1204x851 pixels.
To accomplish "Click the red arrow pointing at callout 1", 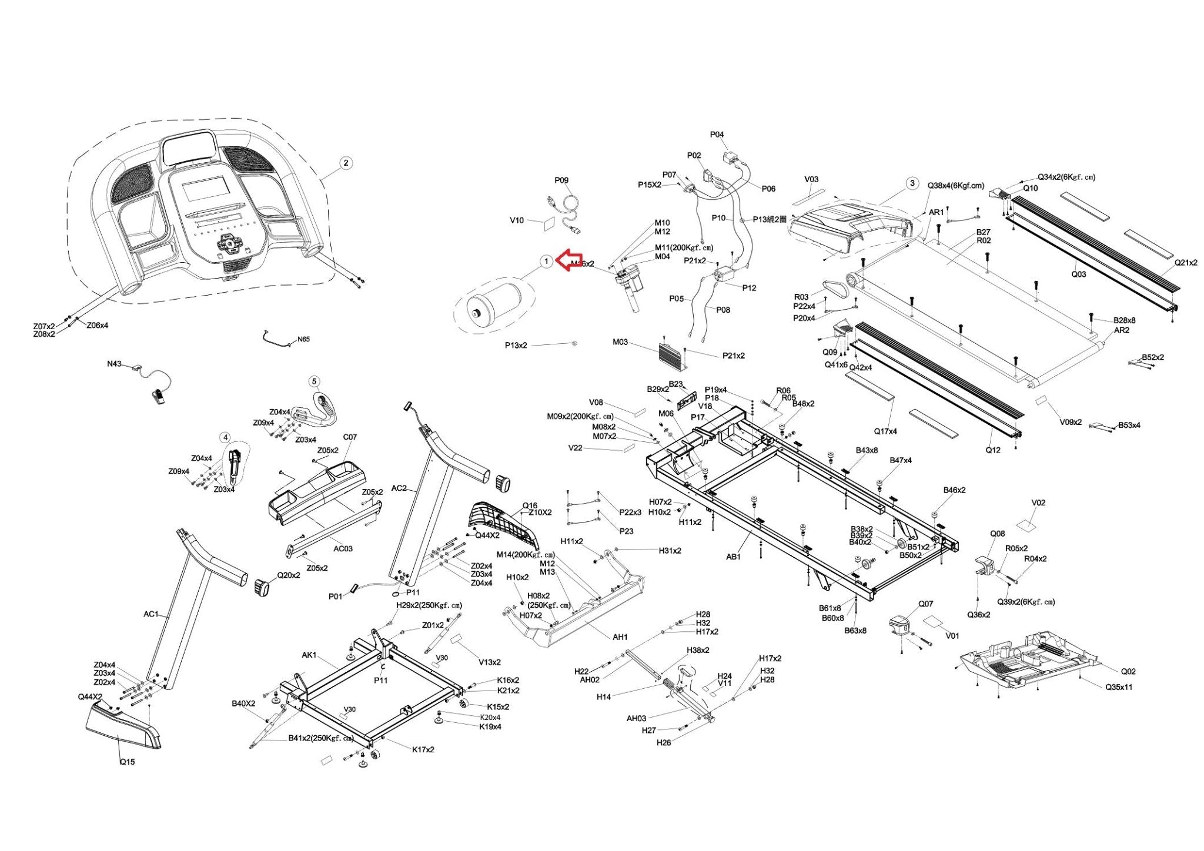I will [569, 260].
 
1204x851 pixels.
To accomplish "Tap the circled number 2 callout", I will [346, 163].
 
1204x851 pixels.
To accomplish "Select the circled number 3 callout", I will [912, 183].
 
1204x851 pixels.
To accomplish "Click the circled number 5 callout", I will [314, 381].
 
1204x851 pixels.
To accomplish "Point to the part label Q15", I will [127, 762].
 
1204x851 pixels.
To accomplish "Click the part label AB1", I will [733, 557].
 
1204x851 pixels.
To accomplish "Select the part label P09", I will [561, 180].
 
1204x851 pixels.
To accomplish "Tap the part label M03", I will [620, 341].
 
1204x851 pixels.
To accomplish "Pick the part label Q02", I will [1128, 671].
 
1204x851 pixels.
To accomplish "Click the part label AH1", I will [620, 636].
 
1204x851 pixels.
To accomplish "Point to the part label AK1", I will [309, 655].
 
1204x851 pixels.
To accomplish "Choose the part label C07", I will [350, 437].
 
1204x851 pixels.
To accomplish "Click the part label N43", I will [114, 364].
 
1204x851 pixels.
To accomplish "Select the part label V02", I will [1038, 502].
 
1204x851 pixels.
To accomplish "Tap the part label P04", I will [717, 135].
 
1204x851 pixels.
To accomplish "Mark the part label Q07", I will [925, 604].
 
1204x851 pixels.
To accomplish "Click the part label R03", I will [801, 297].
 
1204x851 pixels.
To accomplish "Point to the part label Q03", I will [1079, 274].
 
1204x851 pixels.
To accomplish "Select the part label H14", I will [604, 696].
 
